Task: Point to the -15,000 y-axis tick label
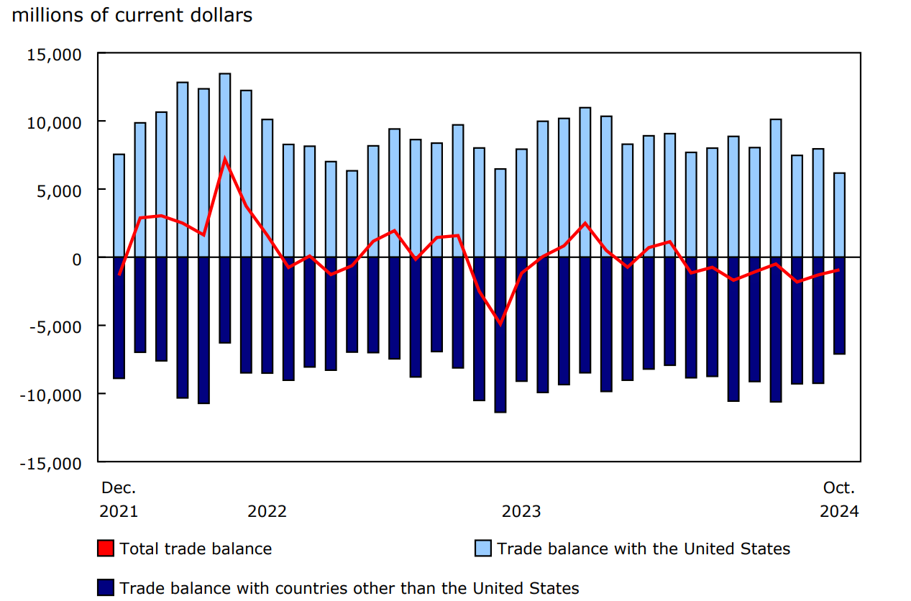click(54, 462)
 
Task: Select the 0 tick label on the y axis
click(77, 258)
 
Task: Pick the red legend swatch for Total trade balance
click(106, 549)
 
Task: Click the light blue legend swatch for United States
click(483, 549)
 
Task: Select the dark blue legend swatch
click(106, 588)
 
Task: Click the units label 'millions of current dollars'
click(132, 14)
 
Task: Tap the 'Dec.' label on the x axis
click(119, 487)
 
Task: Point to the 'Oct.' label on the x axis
click(839, 487)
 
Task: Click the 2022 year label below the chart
click(267, 511)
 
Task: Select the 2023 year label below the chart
click(521, 511)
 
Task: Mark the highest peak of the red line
click(225, 159)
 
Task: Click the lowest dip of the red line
click(500, 324)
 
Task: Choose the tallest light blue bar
click(225, 165)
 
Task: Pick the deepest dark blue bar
click(500, 334)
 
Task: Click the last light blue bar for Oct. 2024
click(839, 215)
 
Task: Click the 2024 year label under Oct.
click(839, 511)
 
